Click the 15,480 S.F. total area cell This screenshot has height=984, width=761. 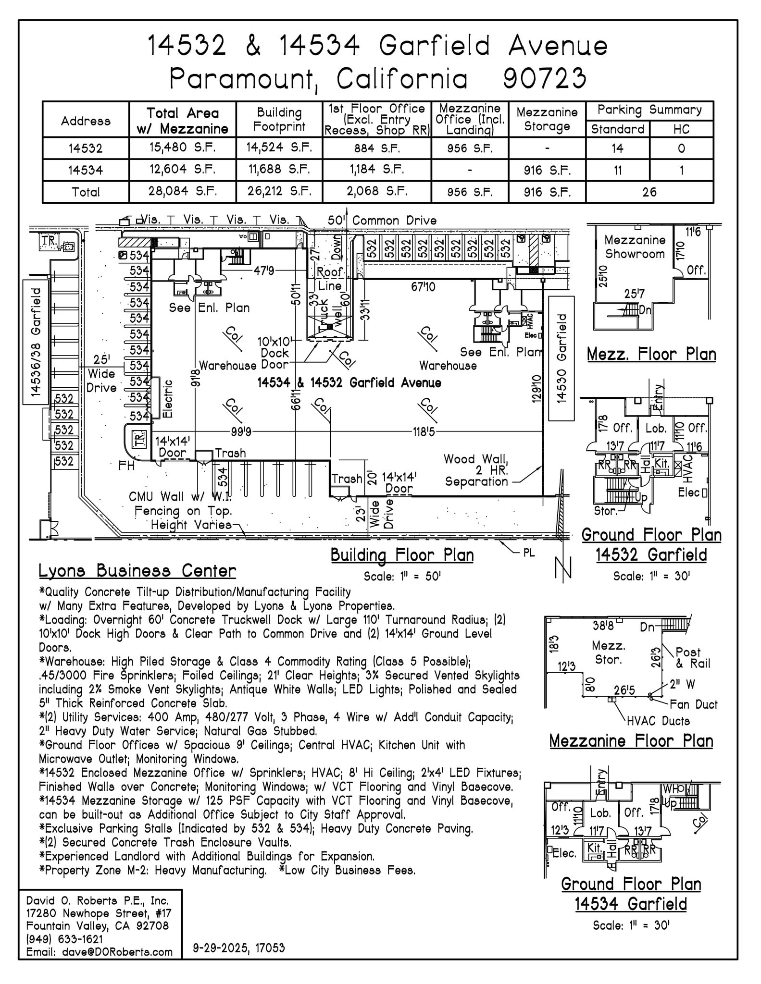pyautogui.click(x=182, y=148)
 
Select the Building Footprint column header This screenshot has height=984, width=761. pyautogui.click(x=279, y=120)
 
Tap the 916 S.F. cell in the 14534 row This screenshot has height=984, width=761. pyautogui.click(x=547, y=170)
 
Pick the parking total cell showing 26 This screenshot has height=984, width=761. pyautogui.click(x=649, y=192)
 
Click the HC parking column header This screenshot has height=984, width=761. pyautogui.click(x=681, y=129)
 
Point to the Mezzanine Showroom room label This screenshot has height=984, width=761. pyautogui.click(x=635, y=247)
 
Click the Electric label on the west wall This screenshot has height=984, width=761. pyautogui.click(x=168, y=398)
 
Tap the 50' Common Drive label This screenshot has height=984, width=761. pyautogui.click(x=382, y=221)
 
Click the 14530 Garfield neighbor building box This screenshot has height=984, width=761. pyautogui.click(x=561, y=358)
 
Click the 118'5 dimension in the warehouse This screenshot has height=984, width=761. pyautogui.click(x=424, y=432)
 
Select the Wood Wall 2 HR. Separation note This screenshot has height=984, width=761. pyautogui.click(x=475, y=470)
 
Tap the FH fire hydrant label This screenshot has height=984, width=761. pyautogui.click(x=126, y=466)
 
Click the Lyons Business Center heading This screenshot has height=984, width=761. pyautogui.click(x=137, y=571)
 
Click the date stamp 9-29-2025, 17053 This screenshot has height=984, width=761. pyautogui.click(x=238, y=948)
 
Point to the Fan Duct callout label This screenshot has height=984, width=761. pyautogui.click(x=693, y=704)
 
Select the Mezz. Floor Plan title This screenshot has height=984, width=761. pyautogui.click(x=651, y=355)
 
